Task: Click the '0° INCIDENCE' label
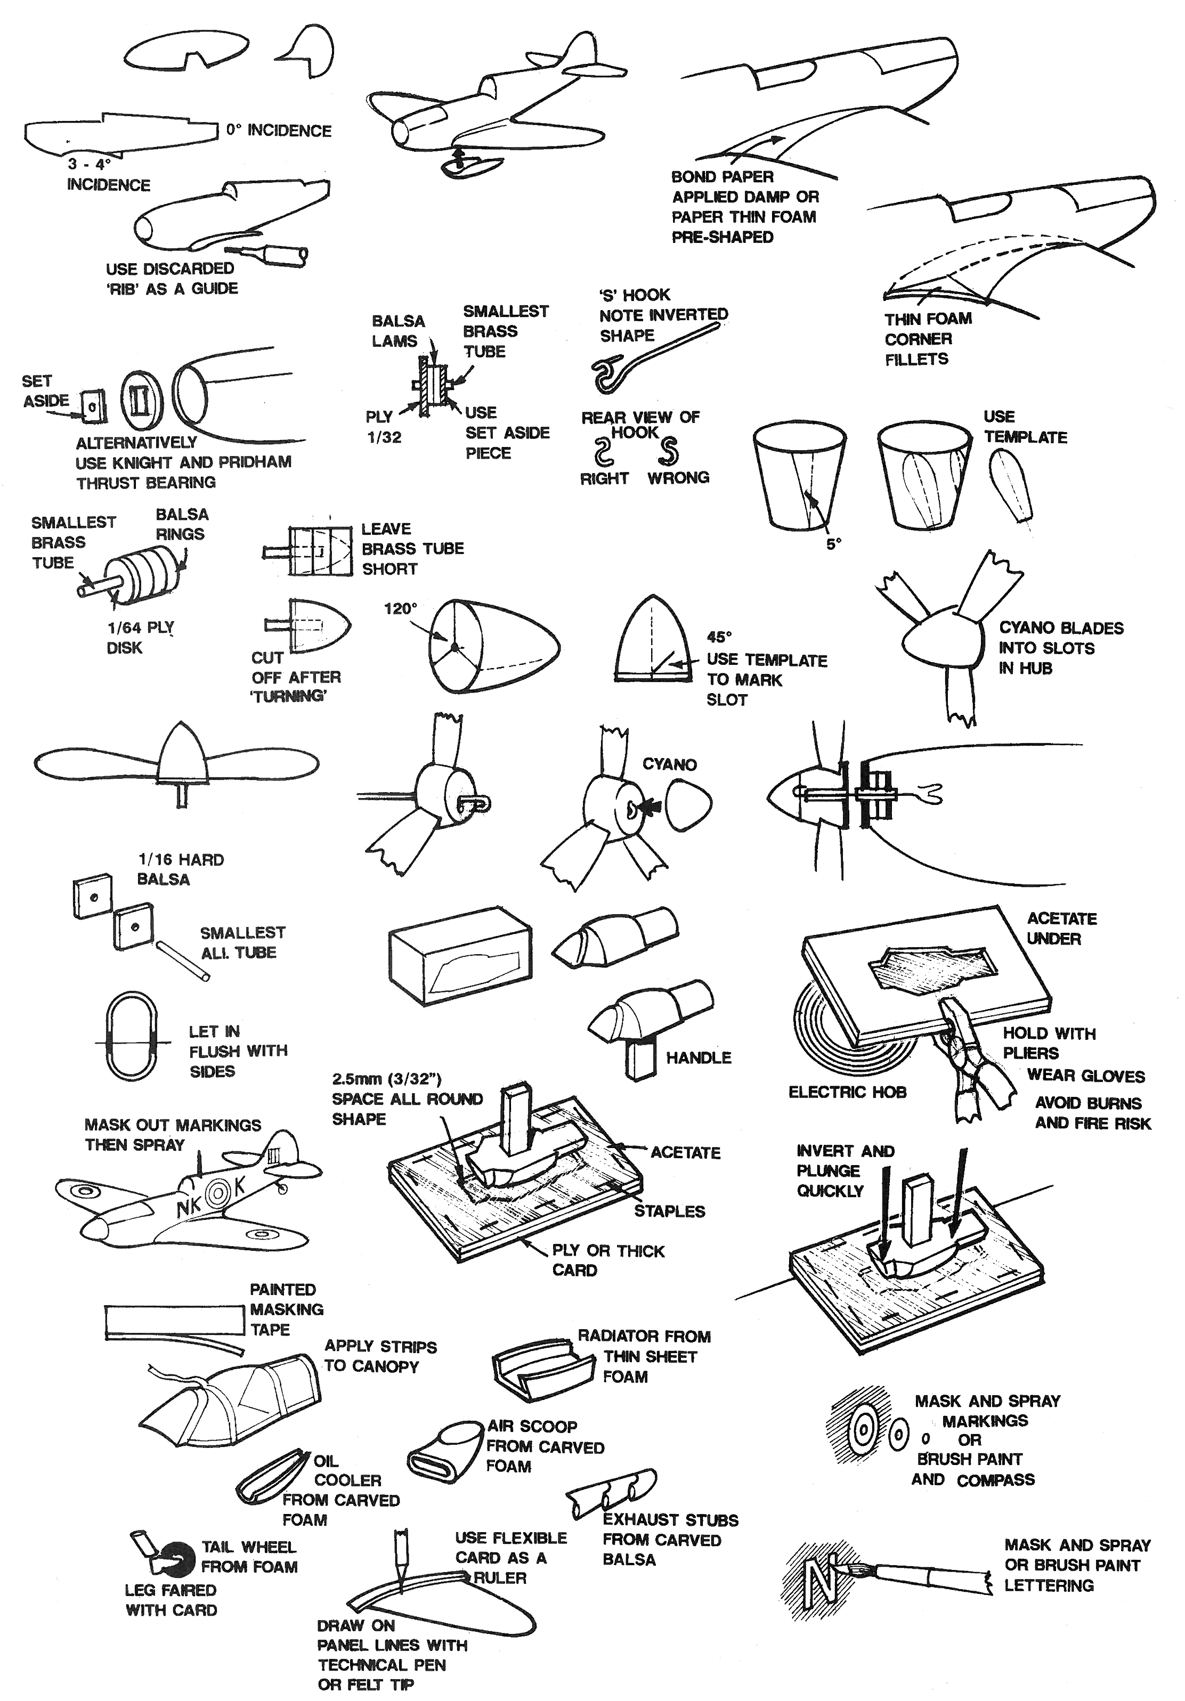279,131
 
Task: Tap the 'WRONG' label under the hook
678,478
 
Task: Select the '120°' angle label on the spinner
400,609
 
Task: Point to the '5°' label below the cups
834,544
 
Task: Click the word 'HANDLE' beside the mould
698,1058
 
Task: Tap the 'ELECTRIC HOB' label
847,1092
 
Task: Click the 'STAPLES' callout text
669,1211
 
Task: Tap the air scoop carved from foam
445,1450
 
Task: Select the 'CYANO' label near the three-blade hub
669,764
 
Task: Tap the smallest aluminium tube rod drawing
182,961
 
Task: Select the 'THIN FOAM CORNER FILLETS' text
927,339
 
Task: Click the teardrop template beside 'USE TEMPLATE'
1012,486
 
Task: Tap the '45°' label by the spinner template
719,637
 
